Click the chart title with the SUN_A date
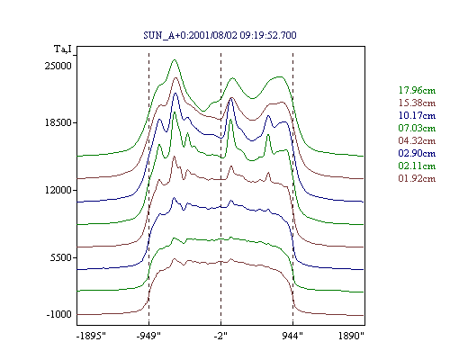click(x=220, y=35)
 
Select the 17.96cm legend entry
click(x=417, y=90)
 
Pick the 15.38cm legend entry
click(x=417, y=103)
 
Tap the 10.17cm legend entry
click(x=417, y=115)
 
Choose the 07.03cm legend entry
click(x=417, y=128)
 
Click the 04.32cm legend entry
click(x=417, y=140)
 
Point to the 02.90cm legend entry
click(x=417, y=153)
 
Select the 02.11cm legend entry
click(x=417, y=166)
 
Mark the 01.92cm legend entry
click(x=417, y=178)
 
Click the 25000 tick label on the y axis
click(x=58, y=66)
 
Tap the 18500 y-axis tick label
click(x=58, y=122)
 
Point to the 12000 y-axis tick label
click(x=58, y=190)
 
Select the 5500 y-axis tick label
click(x=61, y=257)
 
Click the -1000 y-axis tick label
click(x=59, y=314)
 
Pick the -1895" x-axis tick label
click(x=92, y=336)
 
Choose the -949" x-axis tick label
click(x=148, y=336)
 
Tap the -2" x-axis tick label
click(x=220, y=336)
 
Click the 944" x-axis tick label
click(x=292, y=336)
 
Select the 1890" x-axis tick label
click(x=351, y=336)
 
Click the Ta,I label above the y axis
click(x=63, y=49)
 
